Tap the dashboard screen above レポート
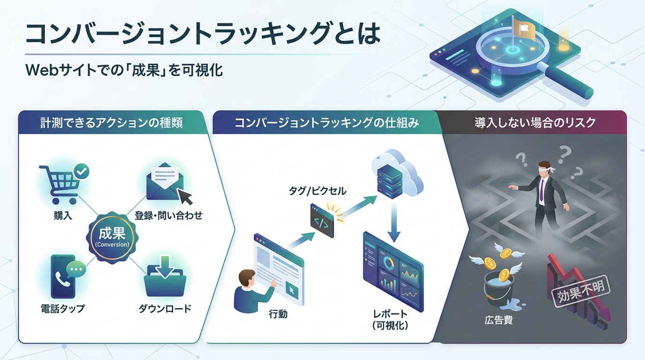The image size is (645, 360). (x=393, y=272)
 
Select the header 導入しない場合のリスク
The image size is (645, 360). (x=535, y=123)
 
